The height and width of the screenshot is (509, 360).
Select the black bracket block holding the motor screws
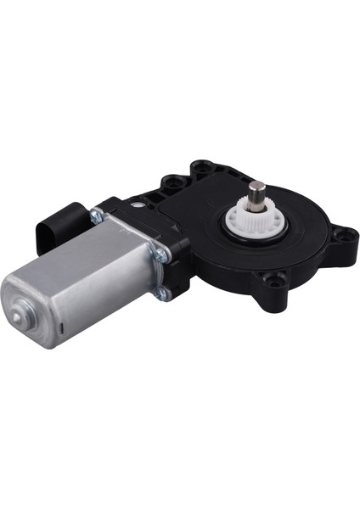click(x=174, y=246)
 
